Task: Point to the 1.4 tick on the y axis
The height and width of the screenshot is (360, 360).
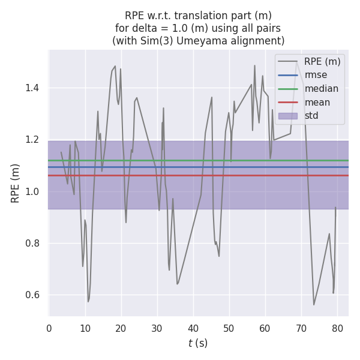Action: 34,88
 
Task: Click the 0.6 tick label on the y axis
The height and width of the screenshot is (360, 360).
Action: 34,295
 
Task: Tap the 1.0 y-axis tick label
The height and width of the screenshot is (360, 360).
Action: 34,191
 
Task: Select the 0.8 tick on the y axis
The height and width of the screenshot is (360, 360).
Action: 34,244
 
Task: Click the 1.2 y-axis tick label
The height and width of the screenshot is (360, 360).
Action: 34,140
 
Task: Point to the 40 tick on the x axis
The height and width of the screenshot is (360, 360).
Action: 193,328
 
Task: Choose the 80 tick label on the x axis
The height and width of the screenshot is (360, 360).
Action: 337,328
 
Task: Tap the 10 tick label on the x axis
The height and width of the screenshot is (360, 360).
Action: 85,328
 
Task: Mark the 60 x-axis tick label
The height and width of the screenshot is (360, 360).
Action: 265,328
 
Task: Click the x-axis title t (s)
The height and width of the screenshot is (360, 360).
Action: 198,344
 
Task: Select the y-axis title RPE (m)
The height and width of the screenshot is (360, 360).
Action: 16,183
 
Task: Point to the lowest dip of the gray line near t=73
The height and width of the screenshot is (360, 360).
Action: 314,305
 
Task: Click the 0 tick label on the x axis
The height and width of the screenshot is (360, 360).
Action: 49,328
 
